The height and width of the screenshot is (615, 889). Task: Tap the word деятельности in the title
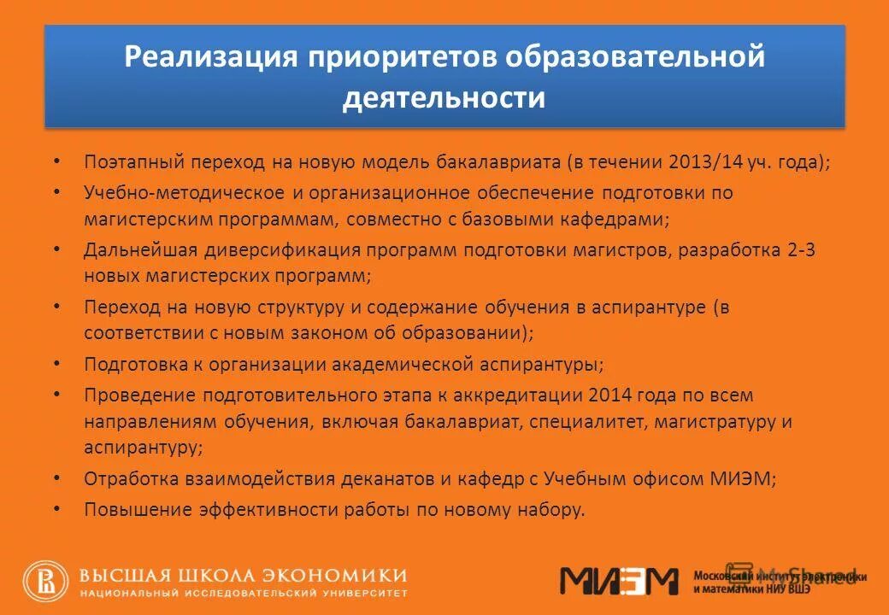(x=444, y=97)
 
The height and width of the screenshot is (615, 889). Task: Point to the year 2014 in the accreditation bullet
(x=606, y=395)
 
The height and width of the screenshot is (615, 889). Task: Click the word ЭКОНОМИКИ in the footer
(x=341, y=575)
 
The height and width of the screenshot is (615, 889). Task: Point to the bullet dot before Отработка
(x=56, y=477)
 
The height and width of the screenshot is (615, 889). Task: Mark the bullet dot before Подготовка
(x=56, y=362)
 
